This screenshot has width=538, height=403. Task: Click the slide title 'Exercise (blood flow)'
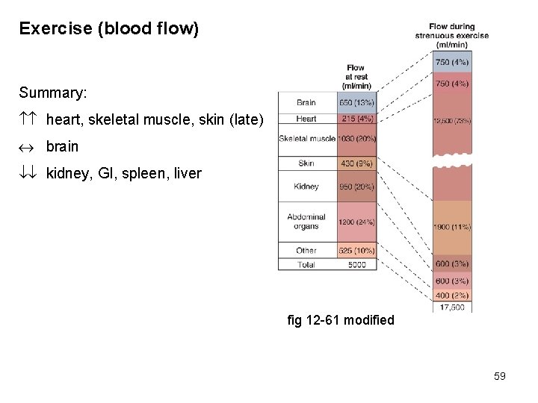tap(109, 29)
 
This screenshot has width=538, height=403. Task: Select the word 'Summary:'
tap(53, 93)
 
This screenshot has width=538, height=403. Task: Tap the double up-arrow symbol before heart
tap(28, 119)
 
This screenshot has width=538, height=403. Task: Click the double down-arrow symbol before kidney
tap(28, 174)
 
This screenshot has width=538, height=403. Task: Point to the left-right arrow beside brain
tap(28, 147)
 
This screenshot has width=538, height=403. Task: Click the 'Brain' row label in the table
tap(306, 103)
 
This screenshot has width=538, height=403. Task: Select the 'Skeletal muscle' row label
tap(306, 138)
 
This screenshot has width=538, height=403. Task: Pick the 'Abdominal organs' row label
tap(306, 222)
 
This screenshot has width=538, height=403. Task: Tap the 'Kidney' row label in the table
tap(306, 187)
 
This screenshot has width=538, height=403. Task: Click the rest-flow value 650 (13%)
tap(357, 103)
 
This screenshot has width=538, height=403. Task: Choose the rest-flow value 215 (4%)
tap(357, 119)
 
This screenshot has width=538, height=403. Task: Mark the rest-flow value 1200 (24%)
tap(357, 222)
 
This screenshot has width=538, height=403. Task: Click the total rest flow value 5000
tap(357, 264)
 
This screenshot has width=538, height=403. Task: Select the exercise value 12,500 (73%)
tap(451, 121)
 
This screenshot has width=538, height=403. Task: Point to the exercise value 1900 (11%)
tap(451, 227)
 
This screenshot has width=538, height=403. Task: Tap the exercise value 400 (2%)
tap(451, 296)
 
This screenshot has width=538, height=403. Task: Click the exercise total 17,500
tap(451, 307)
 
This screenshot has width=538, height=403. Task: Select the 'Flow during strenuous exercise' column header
tap(452, 36)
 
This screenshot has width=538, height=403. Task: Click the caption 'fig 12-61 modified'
tap(340, 320)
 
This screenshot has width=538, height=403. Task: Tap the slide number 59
tap(500, 376)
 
